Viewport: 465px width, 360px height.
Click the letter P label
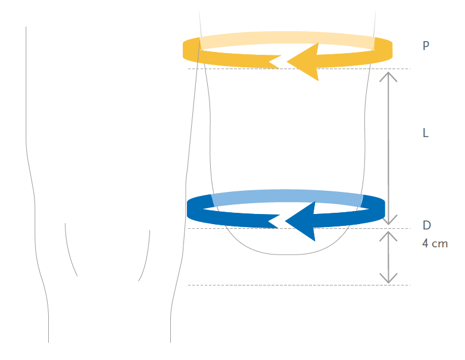(x=426, y=45)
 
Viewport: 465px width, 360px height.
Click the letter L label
(x=426, y=133)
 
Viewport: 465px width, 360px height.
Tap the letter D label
(x=426, y=225)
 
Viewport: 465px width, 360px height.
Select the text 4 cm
(x=435, y=244)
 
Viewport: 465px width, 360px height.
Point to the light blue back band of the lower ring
(x=286, y=195)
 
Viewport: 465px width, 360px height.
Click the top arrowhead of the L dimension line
(x=388, y=75)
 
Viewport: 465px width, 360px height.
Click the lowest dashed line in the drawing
(x=298, y=285)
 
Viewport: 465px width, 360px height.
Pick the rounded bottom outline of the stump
(x=286, y=254)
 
